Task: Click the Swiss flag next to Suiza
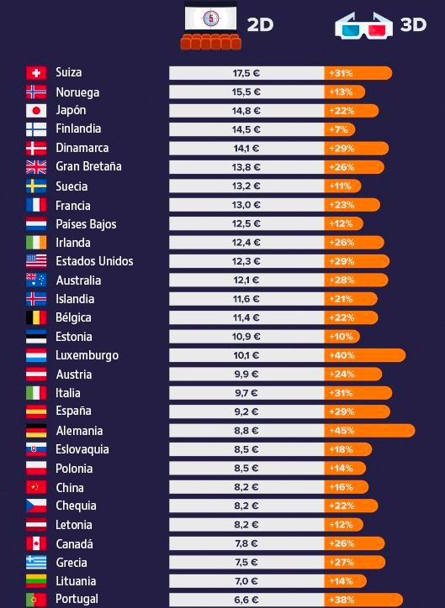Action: click(x=36, y=73)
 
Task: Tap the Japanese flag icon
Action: click(x=36, y=111)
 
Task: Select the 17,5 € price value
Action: click(x=246, y=73)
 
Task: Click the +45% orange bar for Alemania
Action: click(x=369, y=430)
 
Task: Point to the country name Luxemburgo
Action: click(x=87, y=355)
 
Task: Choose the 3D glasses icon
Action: click(x=363, y=25)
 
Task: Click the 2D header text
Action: click(x=260, y=25)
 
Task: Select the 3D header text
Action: click(x=413, y=25)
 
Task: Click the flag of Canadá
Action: click(x=36, y=543)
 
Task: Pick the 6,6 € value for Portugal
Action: click(x=246, y=599)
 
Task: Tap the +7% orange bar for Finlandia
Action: click(x=341, y=129)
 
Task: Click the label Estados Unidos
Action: click(x=94, y=261)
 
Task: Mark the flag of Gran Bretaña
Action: click(x=36, y=166)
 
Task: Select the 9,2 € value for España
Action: click(x=246, y=411)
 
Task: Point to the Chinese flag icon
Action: click(x=36, y=487)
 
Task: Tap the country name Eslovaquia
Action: click(x=82, y=449)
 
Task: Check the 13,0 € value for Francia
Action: click(x=246, y=205)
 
